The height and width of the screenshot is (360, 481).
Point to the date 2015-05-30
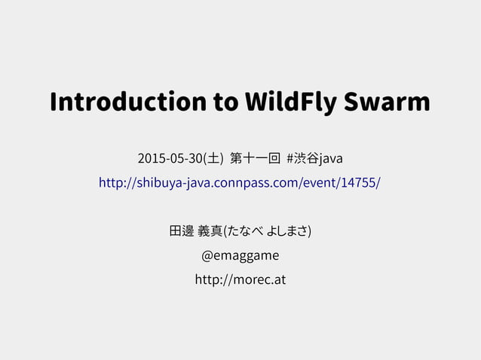(170, 159)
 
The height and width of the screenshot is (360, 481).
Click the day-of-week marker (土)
(214, 159)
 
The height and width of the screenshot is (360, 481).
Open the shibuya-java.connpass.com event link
(240, 183)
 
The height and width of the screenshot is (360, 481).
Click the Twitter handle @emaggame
(240, 255)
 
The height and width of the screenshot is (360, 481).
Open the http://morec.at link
(240, 280)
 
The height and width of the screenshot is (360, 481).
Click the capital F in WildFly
(309, 102)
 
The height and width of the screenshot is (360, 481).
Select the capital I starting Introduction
(54, 102)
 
